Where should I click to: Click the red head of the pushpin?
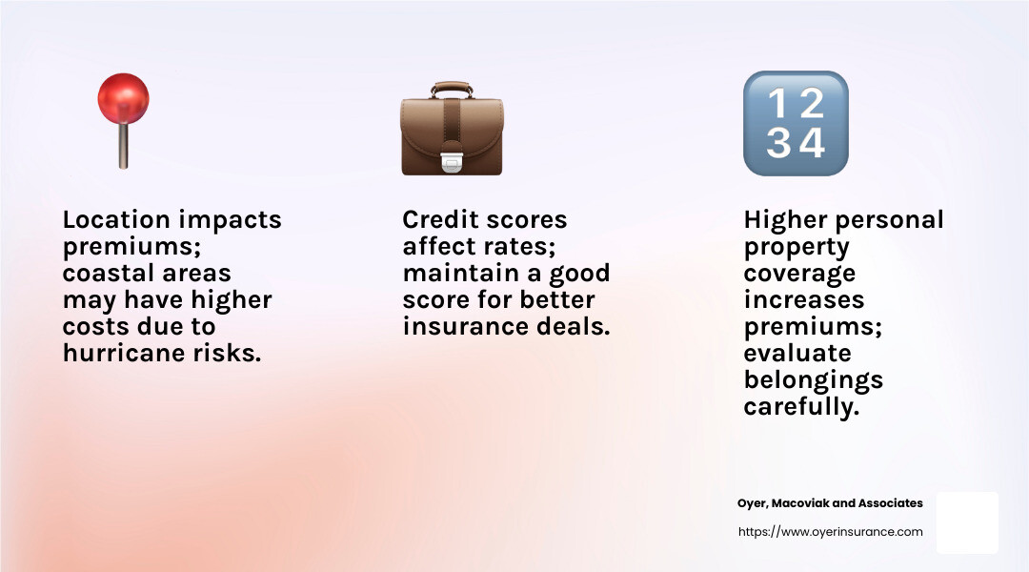point(123,98)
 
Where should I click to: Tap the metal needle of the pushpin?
point(123,146)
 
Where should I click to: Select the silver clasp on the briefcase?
point(452,161)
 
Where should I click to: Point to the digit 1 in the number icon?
point(777,104)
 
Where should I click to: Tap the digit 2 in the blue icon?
point(811,104)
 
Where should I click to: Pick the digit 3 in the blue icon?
point(778,142)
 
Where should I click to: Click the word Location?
point(116,219)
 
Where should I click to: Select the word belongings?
point(813,380)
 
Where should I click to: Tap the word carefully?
point(801,406)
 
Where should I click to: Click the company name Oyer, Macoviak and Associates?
point(830,503)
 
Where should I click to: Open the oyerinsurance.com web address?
point(830,531)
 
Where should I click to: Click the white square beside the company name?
point(967,522)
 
